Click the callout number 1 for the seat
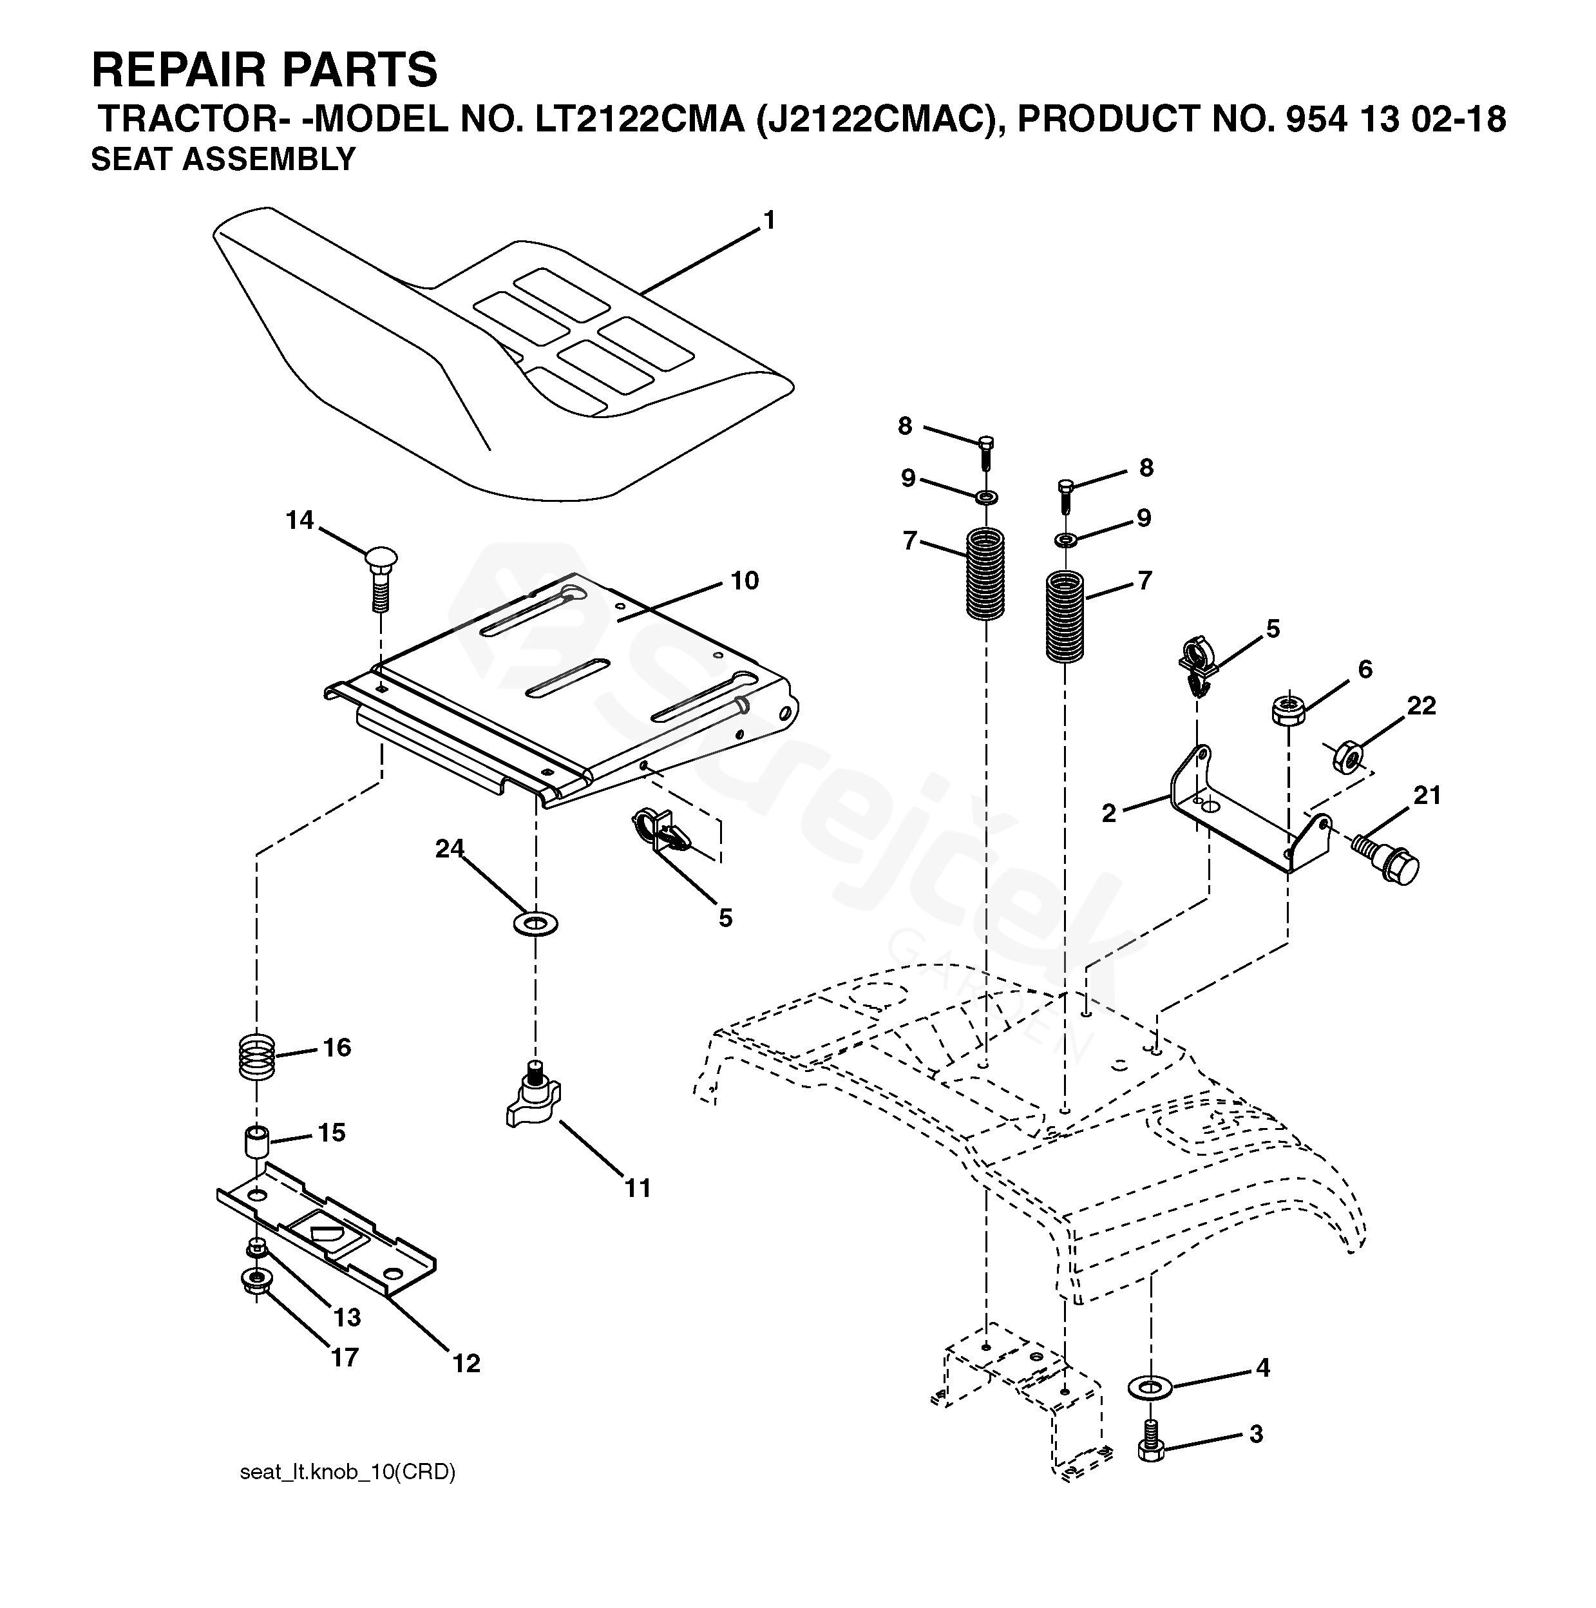click(x=769, y=220)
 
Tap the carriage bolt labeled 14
click(x=380, y=580)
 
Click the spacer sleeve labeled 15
click(x=256, y=1141)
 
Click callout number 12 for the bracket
click(x=466, y=1363)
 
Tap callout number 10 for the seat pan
click(x=745, y=581)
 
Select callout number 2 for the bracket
click(x=1108, y=814)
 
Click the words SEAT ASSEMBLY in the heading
click(x=223, y=159)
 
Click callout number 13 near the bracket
click(x=347, y=1317)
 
